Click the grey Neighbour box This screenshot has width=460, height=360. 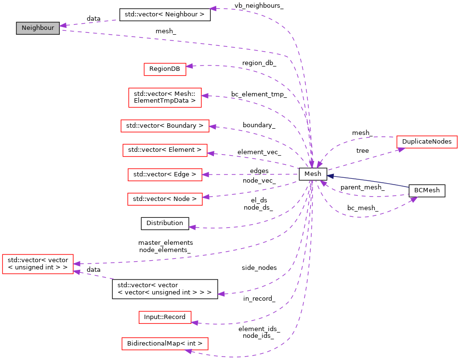tap(38, 28)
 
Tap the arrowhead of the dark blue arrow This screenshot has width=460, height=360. tap(330, 176)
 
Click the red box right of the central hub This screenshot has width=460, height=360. tap(427, 142)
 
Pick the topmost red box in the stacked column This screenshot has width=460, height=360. tap(165, 69)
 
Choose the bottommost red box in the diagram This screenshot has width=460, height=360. tap(165, 344)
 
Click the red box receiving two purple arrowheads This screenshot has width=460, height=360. tap(38, 264)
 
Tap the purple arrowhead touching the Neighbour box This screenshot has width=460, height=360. tap(63, 25)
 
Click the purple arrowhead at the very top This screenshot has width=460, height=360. tap(213, 9)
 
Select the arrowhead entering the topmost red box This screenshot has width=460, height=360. tap(189, 66)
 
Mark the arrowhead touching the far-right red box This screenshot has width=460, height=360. tap(401, 150)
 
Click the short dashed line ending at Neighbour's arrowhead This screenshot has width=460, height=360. tap(92, 22)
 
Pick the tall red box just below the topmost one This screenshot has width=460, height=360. tap(165, 97)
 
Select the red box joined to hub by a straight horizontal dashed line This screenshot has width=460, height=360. tap(165, 174)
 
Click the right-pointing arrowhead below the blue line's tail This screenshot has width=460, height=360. tap(414, 199)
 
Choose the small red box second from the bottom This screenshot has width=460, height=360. tap(165, 317)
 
